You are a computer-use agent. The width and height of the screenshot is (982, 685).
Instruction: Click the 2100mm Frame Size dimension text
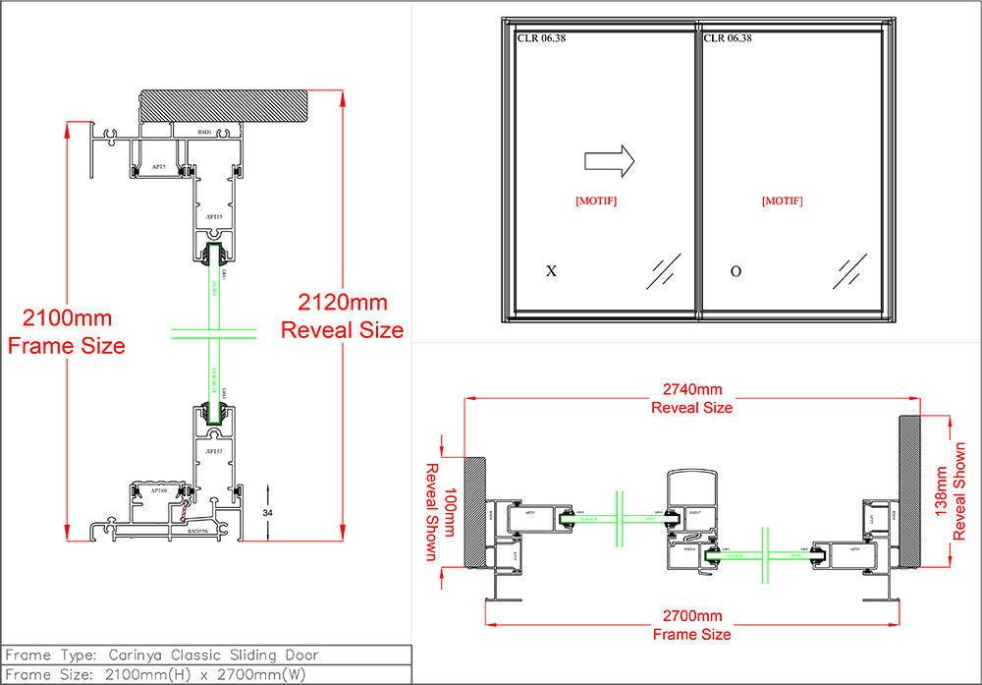(x=66, y=331)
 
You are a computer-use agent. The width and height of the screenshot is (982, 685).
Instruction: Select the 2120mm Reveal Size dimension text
(x=342, y=316)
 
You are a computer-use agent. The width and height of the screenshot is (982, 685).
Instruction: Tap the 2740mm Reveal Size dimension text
(x=692, y=398)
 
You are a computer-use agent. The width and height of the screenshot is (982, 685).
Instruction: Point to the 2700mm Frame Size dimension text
(x=692, y=625)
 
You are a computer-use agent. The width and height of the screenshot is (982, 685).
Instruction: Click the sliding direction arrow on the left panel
(x=609, y=161)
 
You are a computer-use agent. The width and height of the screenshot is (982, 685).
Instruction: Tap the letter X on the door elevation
(x=551, y=271)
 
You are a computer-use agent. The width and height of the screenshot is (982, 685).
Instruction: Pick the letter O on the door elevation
(x=736, y=271)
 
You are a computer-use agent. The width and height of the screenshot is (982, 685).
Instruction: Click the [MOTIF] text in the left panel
(x=596, y=200)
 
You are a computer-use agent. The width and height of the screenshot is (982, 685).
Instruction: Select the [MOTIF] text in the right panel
(x=782, y=200)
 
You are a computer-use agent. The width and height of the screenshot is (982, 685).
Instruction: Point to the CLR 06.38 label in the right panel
(x=728, y=38)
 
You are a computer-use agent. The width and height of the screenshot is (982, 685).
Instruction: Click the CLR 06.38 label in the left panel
(x=541, y=38)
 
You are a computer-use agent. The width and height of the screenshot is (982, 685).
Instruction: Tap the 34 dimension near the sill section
(x=267, y=512)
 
